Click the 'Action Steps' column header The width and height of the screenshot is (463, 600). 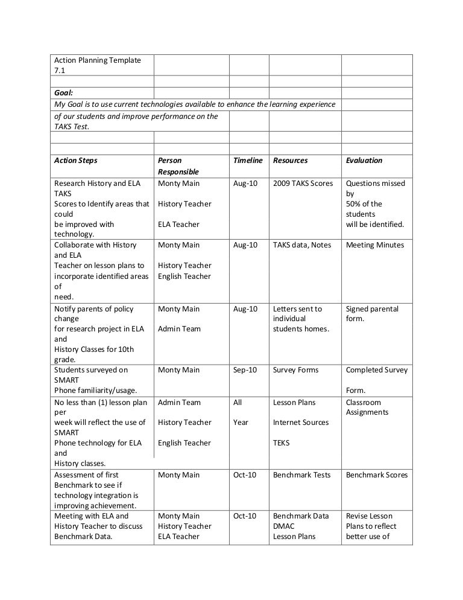75,161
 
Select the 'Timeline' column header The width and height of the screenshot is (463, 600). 248,161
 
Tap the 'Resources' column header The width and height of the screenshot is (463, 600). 290,161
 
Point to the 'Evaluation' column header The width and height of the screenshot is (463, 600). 364,161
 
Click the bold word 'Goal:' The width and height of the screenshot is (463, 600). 63,94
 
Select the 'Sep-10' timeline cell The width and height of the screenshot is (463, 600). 245,370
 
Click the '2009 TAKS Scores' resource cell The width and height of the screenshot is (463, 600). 303,184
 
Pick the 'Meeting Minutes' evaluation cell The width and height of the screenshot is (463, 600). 375,245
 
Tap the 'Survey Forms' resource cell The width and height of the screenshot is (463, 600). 295,370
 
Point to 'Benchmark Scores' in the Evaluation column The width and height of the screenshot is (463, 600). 377,475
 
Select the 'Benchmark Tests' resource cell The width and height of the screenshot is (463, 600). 301,475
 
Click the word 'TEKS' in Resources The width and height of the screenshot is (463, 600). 281,443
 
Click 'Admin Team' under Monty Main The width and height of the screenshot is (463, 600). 180,329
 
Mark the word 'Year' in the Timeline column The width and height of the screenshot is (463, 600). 241,423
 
